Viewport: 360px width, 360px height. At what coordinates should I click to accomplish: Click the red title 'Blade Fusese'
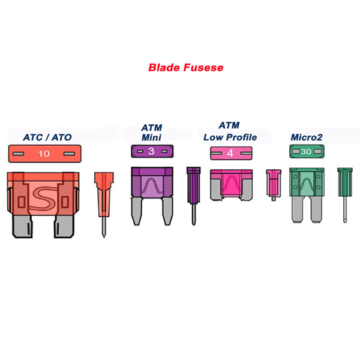tap(186, 68)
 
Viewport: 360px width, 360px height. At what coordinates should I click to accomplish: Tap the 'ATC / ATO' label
tap(47, 137)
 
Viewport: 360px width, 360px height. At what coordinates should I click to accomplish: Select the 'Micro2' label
tap(307, 137)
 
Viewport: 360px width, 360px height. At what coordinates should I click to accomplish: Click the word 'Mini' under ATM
tap(152, 137)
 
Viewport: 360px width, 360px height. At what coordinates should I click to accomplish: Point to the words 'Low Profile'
tap(230, 137)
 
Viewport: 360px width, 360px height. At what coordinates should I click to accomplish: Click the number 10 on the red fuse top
tap(44, 154)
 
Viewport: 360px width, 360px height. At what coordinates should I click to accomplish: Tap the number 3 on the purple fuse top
tap(151, 151)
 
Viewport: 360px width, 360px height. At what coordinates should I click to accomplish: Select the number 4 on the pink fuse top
tap(230, 152)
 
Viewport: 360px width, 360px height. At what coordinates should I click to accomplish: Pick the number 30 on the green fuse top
tap(306, 152)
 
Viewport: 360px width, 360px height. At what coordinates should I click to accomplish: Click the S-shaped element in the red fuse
tap(44, 198)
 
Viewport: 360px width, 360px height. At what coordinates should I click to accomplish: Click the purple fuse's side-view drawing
tap(194, 196)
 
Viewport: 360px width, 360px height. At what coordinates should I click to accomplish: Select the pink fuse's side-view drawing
tap(274, 185)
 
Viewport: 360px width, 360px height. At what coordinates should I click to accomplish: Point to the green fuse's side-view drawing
tap(345, 195)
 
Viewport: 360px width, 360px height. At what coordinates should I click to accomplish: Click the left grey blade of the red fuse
tap(22, 226)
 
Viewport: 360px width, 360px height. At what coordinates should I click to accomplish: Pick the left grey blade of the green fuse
tap(298, 209)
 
